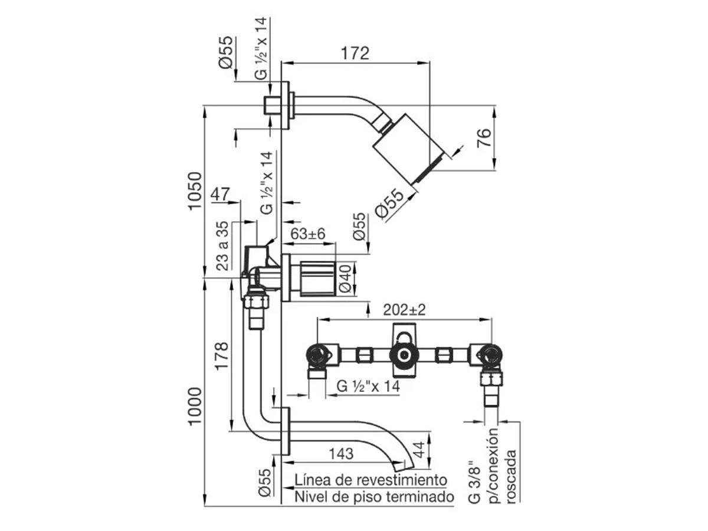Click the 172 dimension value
[x=355, y=54]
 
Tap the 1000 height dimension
[x=195, y=407]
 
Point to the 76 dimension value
[x=484, y=137]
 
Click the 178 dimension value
[x=222, y=356]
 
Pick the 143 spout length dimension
[x=341, y=454]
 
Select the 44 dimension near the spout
[x=419, y=450]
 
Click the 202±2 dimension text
[x=404, y=310]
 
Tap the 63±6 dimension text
[x=308, y=234]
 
